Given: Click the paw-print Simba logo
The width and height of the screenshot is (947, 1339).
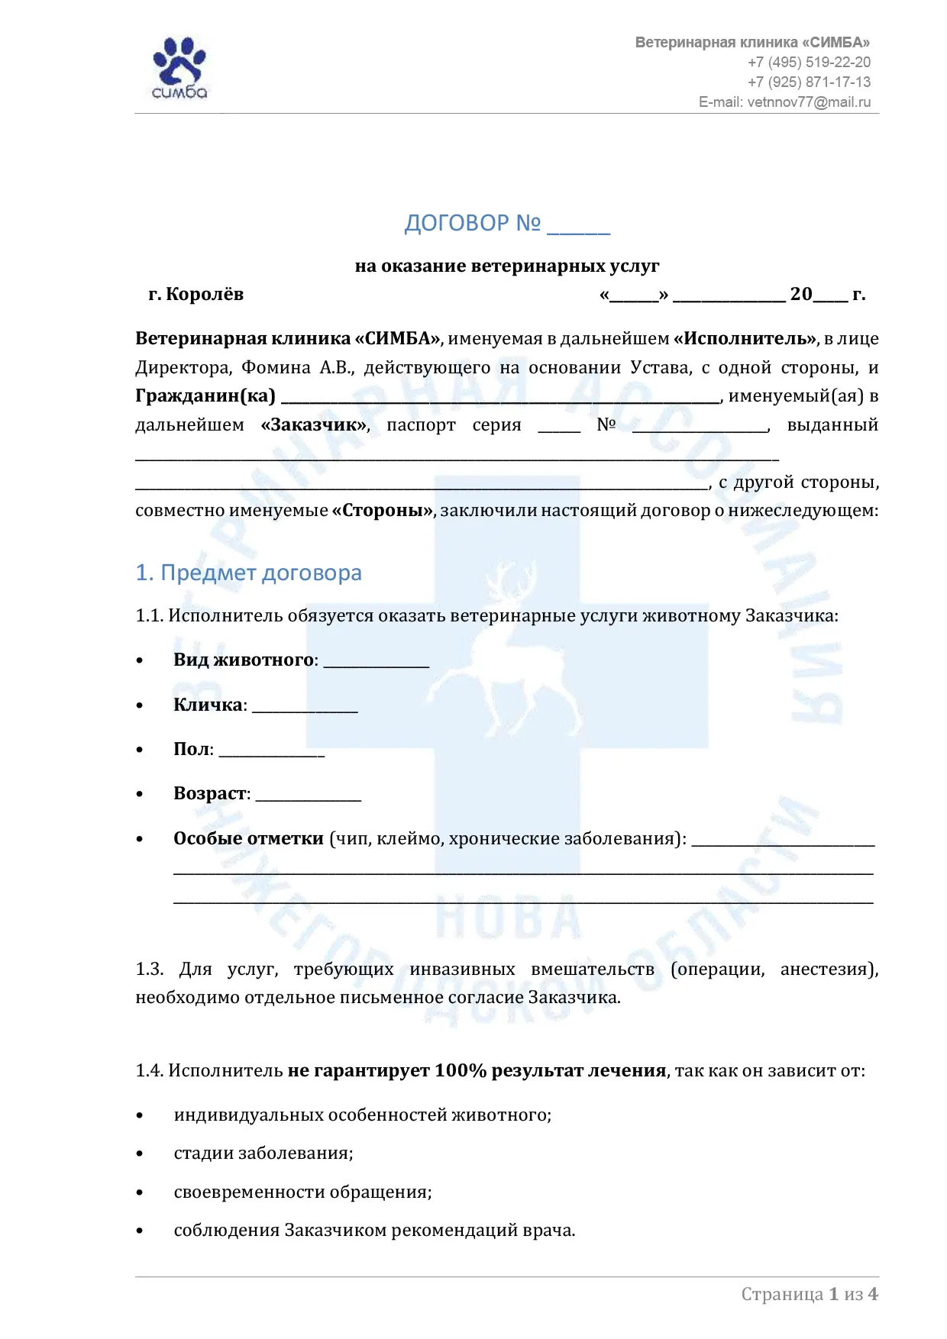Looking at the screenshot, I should click(179, 67).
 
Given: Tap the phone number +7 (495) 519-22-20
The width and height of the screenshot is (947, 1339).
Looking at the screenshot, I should click(809, 63).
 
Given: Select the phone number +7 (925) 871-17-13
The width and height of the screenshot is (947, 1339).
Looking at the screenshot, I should click(809, 82).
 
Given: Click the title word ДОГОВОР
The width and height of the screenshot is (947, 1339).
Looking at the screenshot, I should click(456, 223).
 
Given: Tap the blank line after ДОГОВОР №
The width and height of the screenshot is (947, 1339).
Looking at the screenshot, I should click(578, 227).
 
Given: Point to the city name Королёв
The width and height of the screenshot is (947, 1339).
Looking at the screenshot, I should click(205, 295).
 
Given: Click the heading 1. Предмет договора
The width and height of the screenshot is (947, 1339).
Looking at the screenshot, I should click(248, 573).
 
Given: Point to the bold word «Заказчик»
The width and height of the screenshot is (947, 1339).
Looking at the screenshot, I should click(315, 425).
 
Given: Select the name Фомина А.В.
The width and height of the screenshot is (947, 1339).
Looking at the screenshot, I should click(296, 368).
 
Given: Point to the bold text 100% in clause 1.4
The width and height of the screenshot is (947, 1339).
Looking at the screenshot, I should click(461, 1070).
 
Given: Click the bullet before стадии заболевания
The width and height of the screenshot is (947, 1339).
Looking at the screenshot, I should click(140, 1153).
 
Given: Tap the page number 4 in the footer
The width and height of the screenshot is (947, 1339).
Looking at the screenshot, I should click(873, 1294).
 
